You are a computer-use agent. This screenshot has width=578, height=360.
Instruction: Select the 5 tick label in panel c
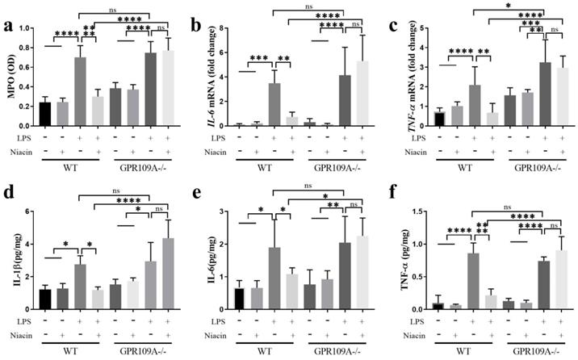click(x=421, y=27)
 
